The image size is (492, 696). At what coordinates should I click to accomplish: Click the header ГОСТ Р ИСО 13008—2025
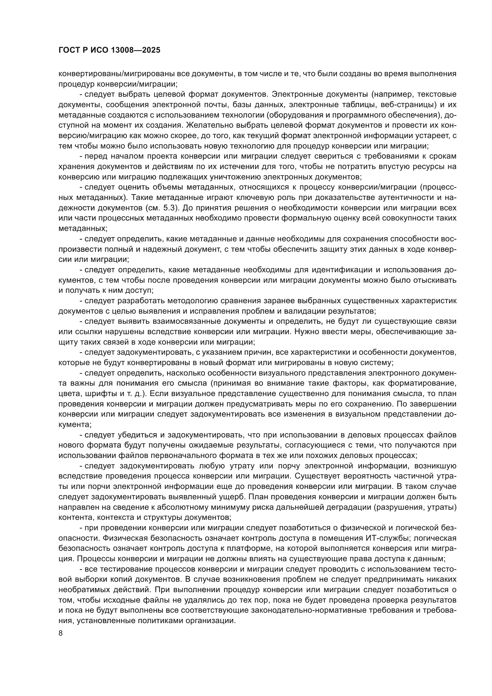pyautogui.click(x=109, y=50)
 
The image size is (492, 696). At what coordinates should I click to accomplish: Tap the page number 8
pyautogui.click(x=61, y=633)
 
